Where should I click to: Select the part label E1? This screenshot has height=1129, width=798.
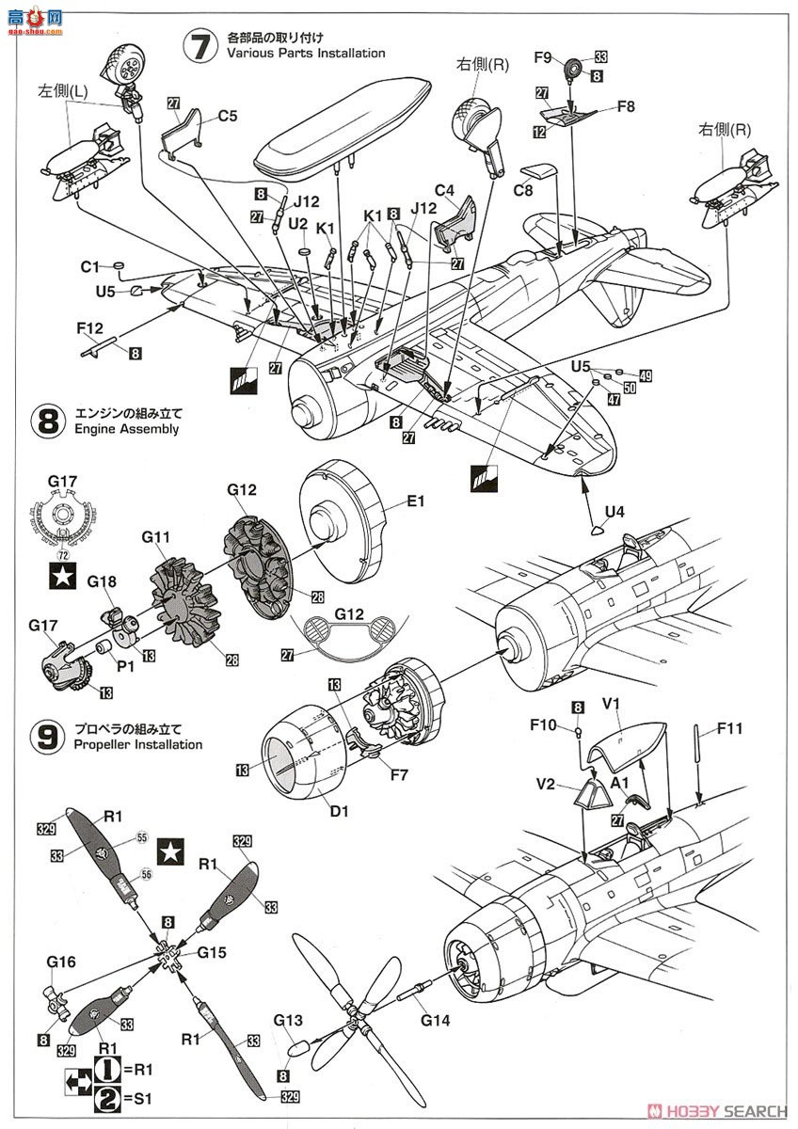[416, 502]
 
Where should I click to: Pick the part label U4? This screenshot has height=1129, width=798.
[614, 512]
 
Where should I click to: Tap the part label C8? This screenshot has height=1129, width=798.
[524, 191]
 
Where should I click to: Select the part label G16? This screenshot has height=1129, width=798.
[60, 962]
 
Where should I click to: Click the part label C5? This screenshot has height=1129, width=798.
[228, 118]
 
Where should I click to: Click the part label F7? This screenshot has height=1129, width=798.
[399, 775]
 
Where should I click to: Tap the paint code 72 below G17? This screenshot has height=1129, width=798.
[64, 543]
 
